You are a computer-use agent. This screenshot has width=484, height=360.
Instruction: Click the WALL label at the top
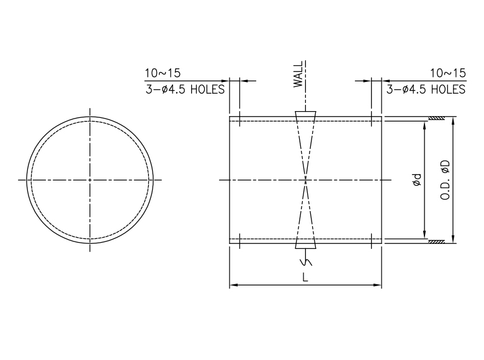pyautogui.click(x=298, y=74)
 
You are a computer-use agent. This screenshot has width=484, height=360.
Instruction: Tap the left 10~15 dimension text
pyautogui.click(x=163, y=73)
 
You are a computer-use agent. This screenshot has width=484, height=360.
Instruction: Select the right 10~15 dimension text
pyautogui.click(x=448, y=73)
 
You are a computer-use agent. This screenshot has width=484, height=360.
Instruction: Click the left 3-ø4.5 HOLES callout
pyautogui.click(x=185, y=89)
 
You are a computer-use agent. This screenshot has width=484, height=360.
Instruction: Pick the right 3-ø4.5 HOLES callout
pyautogui.click(x=426, y=89)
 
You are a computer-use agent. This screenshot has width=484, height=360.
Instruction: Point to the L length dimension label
pyautogui.click(x=305, y=278)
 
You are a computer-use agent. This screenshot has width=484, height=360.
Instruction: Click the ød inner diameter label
pyautogui.click(x=417, y=180)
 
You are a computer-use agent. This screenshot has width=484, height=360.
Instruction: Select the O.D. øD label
pyautogui.click(x=445, y=180)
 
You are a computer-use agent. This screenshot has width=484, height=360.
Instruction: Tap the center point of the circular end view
pyautogui.click(x=90, y=180)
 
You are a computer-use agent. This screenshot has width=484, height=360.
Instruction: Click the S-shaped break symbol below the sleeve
pyautogui.click(x=305, y=262)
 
